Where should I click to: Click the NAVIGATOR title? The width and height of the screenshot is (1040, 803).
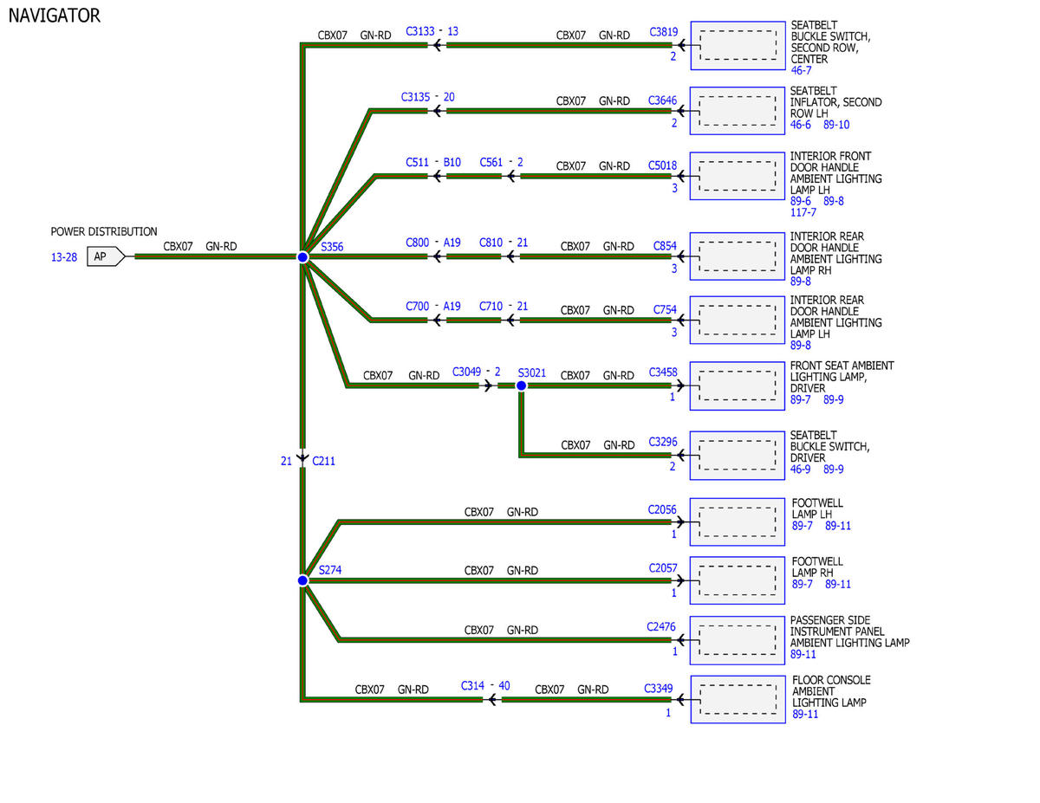[x=54, y=16]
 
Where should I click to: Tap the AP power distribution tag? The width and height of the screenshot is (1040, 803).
[x=106, y=256]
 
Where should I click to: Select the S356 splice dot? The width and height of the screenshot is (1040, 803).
[x=302, y=257]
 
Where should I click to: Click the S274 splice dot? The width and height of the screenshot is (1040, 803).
[x=302, y=580]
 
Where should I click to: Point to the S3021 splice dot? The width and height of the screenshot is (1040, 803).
[x=521, y=385]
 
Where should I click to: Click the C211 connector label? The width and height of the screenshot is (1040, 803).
[x=323, y=461]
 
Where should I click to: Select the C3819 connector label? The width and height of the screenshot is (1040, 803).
[x=663, y=31]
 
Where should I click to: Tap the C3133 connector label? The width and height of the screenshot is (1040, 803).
[x=420, y=31]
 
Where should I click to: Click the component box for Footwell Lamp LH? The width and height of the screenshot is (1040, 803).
[x=737, y=521]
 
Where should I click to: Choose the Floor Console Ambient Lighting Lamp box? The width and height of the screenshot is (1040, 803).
[x=738, y=699]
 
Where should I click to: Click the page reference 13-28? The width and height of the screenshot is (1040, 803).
[x=64, y=257]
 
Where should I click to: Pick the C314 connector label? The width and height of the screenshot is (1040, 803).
[x=472, y=686]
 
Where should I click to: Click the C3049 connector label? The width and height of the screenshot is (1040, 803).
[x=466, y=372]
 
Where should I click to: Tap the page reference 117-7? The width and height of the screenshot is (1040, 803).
[x=803, y=212]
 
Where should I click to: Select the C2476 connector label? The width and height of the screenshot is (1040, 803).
[x=661, y=626]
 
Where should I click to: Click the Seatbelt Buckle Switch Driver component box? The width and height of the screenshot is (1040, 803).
[x=737, y=456]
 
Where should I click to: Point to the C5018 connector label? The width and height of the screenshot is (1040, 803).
[x=662, y=165]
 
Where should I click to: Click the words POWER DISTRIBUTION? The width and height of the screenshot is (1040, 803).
[x=104, y=231]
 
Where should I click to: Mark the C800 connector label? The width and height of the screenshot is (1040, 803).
[x=418, y=243]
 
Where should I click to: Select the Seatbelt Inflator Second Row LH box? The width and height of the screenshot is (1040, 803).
[x=737, y=111]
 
